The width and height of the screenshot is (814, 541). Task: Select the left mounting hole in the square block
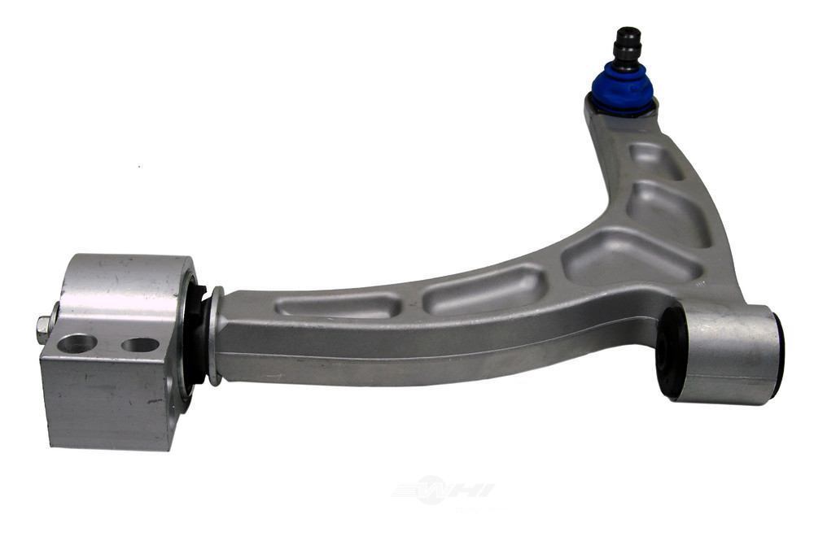[77, 343]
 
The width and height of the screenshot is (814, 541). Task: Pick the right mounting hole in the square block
[140, 344]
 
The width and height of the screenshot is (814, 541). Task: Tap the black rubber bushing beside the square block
[195, 334]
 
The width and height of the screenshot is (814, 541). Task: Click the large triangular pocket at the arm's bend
[631, 256]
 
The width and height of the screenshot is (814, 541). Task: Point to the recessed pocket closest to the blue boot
[655, 159]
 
